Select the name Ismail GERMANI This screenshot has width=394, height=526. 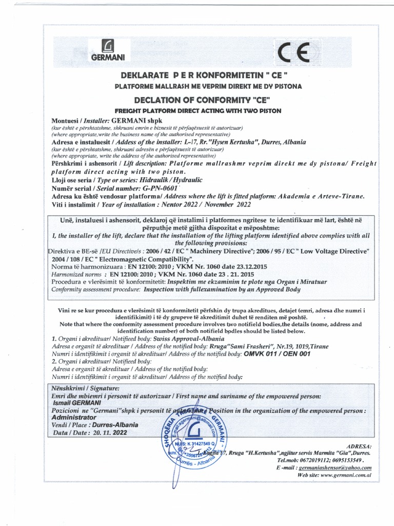pos(74,403)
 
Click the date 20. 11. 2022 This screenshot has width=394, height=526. pos(110,433)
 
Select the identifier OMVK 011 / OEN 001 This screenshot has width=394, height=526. pos(277,354)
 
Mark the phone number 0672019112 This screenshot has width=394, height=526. pos(315,461)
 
